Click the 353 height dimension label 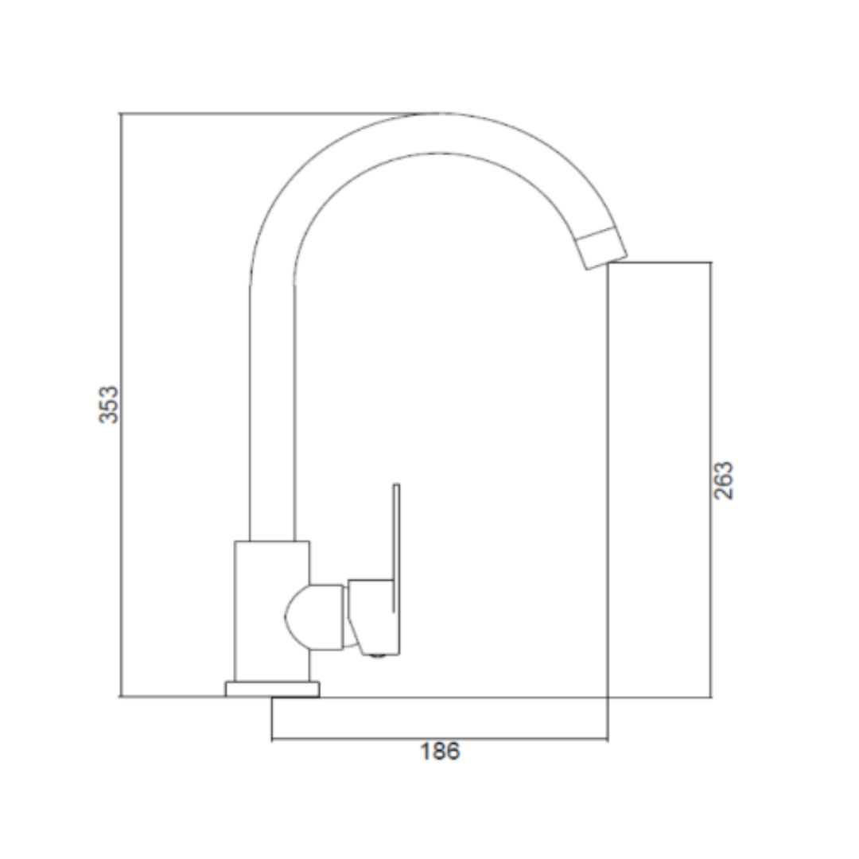point(108,405)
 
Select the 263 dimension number point(724,480)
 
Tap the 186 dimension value point(440,752)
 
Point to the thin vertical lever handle point(396,548)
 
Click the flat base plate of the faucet point(272,689)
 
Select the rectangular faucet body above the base point(272,612)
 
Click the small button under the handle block point(378,655)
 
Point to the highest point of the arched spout point(438,114)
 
